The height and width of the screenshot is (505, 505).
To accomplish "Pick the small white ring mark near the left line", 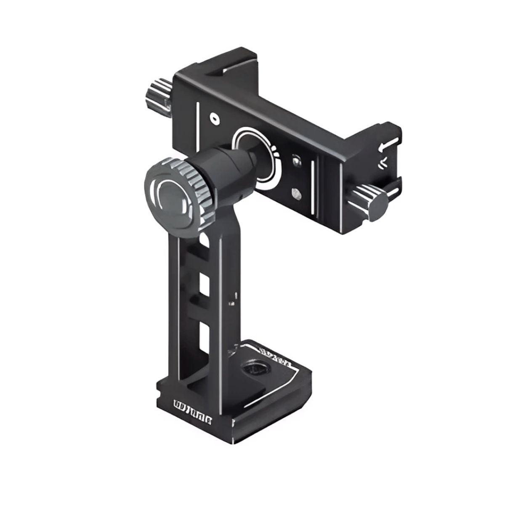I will click(215, 119).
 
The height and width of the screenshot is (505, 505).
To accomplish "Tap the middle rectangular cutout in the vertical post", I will click(205, 286).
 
